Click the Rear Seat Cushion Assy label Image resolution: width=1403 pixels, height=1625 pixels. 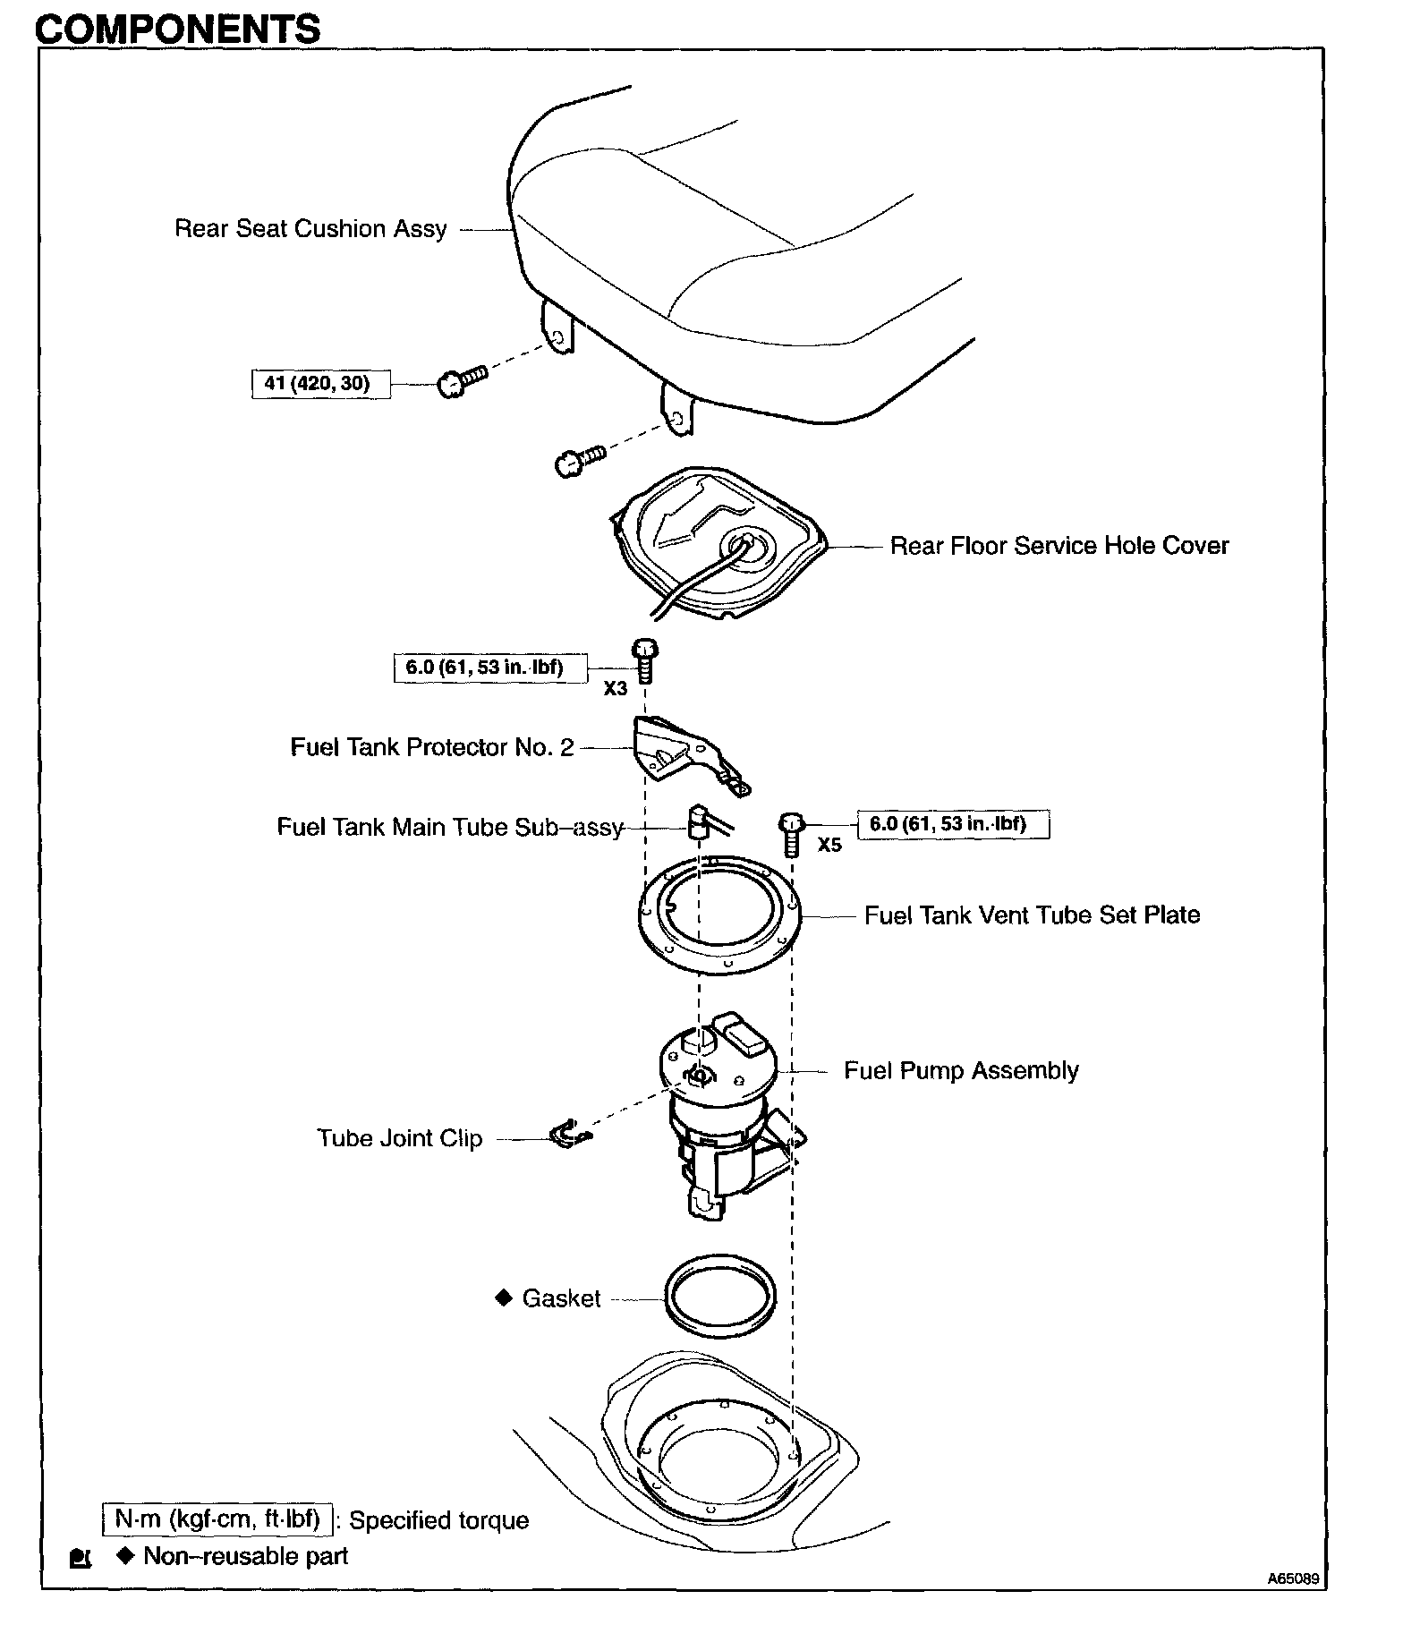click(x=310, y=229)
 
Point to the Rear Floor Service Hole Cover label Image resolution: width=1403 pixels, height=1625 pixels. click(x=1059, y=546)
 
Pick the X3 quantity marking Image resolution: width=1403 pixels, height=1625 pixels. click(x=615, y=689)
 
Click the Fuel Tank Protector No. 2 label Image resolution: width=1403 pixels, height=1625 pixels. click(x=431, y=747)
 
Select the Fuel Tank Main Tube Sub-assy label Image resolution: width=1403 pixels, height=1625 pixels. click(x=449, y=827)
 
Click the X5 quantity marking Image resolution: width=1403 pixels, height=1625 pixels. click(x=829, y=845)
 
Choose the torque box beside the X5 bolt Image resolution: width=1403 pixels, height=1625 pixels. click(x=953, y=824)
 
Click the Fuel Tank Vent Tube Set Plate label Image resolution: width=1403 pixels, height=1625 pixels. click(x=1032, y=915)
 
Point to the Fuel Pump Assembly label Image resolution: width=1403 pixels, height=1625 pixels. click(x=961, y=1071)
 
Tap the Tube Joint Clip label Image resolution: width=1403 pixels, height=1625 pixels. click(x=399, y=1139)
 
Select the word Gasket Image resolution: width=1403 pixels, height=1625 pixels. click(x=561, y=1298)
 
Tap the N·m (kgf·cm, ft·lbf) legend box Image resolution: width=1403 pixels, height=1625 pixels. click(x=217, y=1519)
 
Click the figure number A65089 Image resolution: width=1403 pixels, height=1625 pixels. click(x=1292, y=1579)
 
